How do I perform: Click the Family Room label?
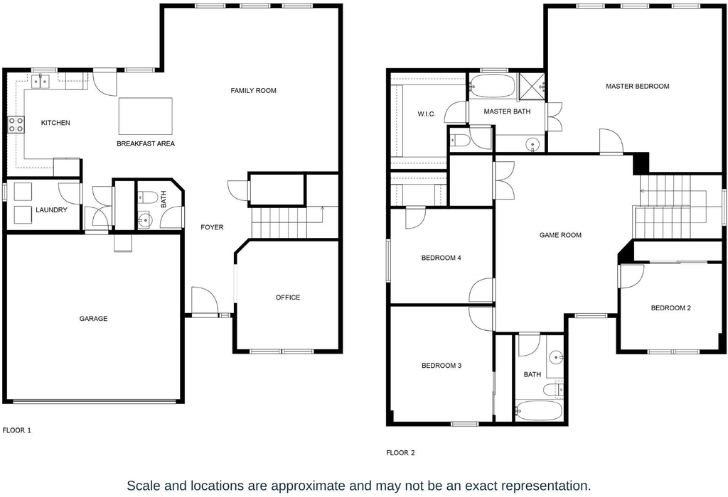tap(253, 91)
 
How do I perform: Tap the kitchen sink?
tap(41, 82)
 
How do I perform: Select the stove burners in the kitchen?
tap(16, 124)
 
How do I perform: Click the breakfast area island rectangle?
tap(145, 116)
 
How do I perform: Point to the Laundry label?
tap(51, 210)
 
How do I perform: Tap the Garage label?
tap(93, 319)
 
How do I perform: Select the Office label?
tap(288, 297)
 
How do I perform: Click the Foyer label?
tap(212, 227)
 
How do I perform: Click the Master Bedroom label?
tap(638, 86)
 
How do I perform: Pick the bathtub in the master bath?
tap(493, 86)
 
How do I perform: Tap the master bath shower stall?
tap(530, 86)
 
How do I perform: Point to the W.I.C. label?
tap(427, 114)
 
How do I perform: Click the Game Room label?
tap(560, 235)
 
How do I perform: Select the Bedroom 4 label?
tap(441, 258)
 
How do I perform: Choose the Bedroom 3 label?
tap(441, 366)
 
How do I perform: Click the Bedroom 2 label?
tap(671, 308)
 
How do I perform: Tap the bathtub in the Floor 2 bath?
tap(539, 411)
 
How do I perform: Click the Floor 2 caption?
tap(400, 453)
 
